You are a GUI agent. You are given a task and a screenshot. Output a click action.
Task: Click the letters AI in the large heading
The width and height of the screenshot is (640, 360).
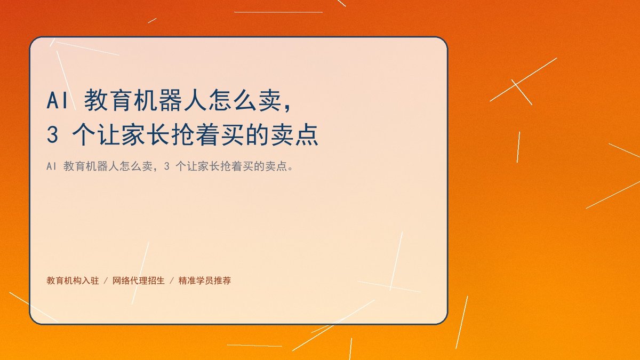[58, 100]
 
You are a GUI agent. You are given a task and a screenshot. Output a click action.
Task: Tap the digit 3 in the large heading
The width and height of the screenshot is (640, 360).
[52, 134]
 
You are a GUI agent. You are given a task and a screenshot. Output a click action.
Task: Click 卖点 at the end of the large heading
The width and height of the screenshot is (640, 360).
[294, 134]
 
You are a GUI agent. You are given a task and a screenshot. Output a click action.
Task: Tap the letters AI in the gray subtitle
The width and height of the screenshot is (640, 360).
[51, 166]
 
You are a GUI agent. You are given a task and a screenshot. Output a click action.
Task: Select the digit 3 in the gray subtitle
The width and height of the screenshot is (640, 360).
[166, 166]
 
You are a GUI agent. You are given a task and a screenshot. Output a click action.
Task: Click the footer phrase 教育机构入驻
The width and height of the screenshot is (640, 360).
[73, 281]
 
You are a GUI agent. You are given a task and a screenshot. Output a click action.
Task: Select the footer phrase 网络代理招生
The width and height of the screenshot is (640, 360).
[139, 281]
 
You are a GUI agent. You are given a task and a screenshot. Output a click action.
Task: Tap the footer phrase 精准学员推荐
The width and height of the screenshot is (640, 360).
[205, 281]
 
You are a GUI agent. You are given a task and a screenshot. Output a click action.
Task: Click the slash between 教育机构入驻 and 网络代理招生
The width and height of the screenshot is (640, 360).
[106, 281]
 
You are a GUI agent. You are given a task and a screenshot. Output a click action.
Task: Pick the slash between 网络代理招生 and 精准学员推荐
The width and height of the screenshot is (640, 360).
[172, 281]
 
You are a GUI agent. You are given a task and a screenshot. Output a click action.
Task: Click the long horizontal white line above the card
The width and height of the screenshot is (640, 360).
[278, 12]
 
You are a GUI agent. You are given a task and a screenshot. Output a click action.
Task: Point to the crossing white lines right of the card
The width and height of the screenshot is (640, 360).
[517, 85]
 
